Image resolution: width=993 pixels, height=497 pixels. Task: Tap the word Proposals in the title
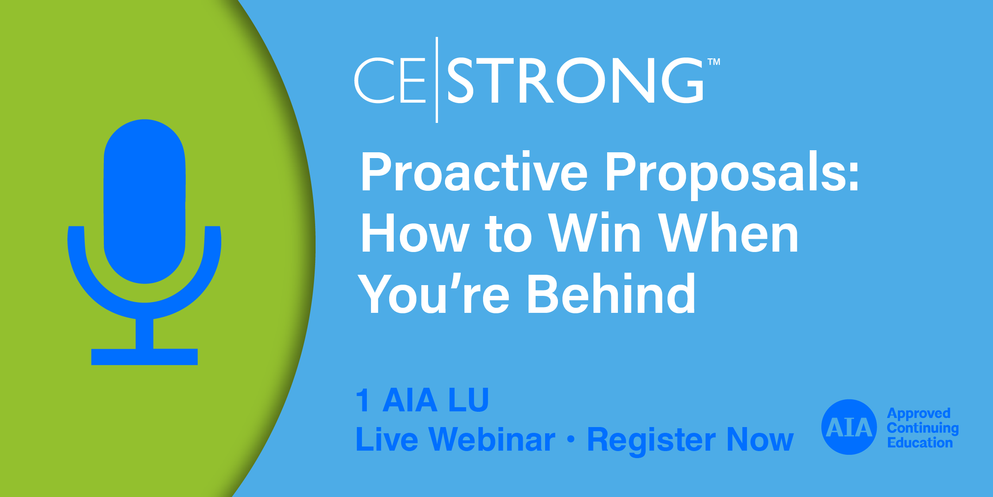pos(732,173)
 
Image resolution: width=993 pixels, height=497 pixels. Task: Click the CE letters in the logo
pos(390,80)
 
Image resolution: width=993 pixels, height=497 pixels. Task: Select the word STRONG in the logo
pos(575,80)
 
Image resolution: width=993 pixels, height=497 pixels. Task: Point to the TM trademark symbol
pos(714,62)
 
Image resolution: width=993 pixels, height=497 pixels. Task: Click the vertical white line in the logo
pos(437,79)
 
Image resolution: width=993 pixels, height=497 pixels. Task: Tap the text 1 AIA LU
pos(422,400)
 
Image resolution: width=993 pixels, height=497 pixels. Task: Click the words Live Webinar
pos(455,439)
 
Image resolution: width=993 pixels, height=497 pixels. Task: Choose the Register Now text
pos(690,439)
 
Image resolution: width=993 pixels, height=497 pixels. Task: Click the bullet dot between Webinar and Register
pos(571,439)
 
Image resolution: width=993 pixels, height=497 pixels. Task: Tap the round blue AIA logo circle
pos(849,427)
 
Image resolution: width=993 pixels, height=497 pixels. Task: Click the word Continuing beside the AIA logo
pos(923,428)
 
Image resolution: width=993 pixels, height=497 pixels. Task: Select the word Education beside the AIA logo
pos(920,443)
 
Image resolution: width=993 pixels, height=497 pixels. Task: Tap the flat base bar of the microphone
pos(144,357)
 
